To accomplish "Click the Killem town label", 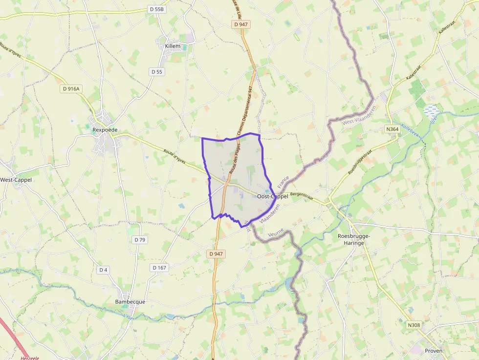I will [x=173, y=46].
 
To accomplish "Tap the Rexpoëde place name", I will [x=105, y=130].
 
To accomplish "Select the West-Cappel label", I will [x=16, y=180].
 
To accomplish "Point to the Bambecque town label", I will [x=130, y=301].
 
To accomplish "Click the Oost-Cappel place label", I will [x=272, y=196].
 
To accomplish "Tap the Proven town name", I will [x=434, y=351].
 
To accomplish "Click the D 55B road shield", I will [x=157, y=9].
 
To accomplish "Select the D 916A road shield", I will [x=71, y=89].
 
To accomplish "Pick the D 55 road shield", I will [x=156, y=72].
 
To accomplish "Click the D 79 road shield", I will [x=139, y=239].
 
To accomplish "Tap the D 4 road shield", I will [x=103, y=270].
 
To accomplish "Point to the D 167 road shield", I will [x=159, y=268].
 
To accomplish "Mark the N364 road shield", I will [x=392, y=129].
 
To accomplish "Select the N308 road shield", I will [x=414, y=325].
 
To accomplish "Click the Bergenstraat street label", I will [x=301, y=195].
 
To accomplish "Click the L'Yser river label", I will [x=128, y=318].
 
